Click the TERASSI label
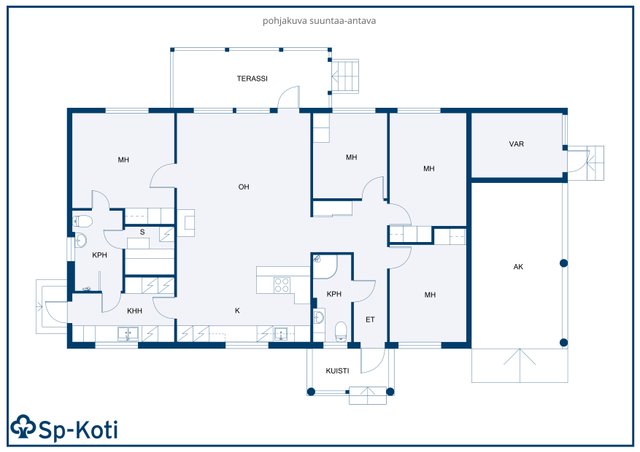[252, 78]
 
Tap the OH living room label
[244, 187]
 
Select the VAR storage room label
[516, 144]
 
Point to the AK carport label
[518, 267]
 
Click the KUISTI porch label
[337, 371]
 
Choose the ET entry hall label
[370, 320]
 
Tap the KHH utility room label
[134, 311]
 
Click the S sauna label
[142, 232]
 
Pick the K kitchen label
[237, 311]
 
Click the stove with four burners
[282, 285]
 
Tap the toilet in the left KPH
[83, 221]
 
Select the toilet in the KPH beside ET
[341, 330]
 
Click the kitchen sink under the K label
[281, 334]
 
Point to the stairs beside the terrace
[345, 76]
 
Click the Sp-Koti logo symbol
[23, 427]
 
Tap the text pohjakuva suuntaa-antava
[319, 21]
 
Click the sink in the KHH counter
[128, 334]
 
